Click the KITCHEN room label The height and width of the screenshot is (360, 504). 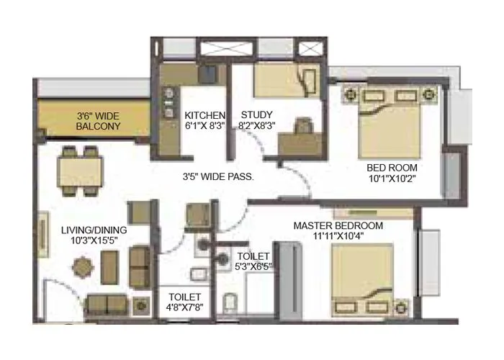(205, 115)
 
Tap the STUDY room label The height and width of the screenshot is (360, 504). (256, 115)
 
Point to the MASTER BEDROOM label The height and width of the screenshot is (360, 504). (338, 225)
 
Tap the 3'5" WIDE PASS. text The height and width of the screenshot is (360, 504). (217, 175)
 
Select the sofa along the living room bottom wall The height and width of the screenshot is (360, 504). (109, 305)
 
